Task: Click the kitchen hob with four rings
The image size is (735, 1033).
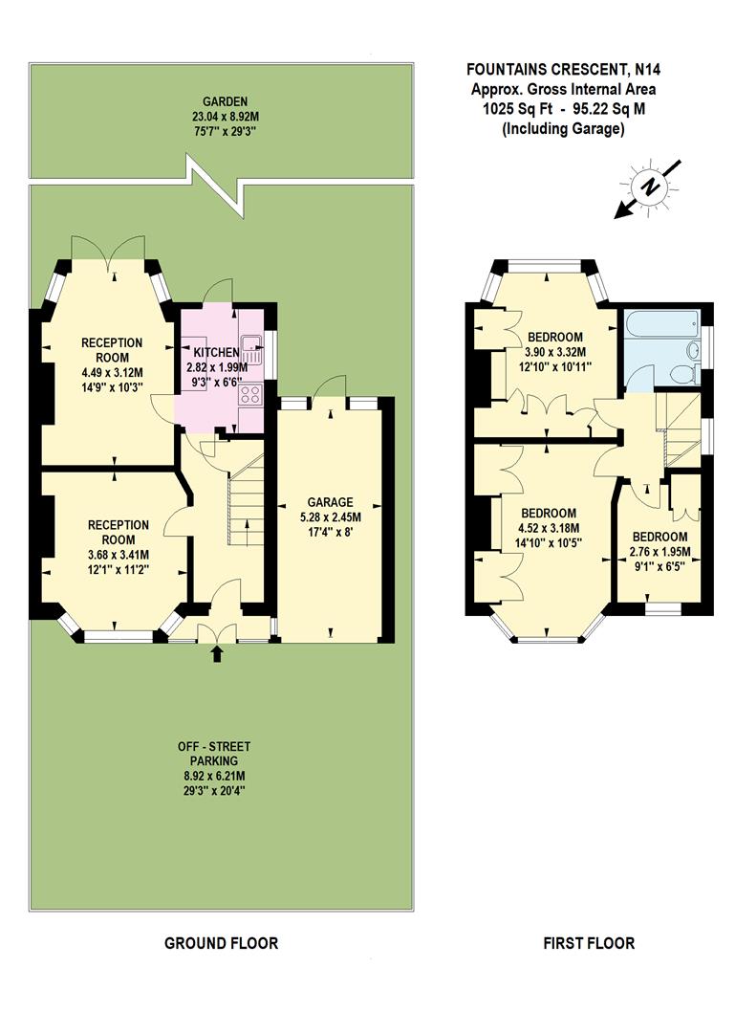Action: coord(250,393)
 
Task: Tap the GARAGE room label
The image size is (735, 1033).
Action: coord(330,501)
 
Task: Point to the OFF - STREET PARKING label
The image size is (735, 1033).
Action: coord(214,754)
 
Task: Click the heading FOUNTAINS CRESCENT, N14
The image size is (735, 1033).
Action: coord(563,69)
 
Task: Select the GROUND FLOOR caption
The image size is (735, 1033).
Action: coord(221,943)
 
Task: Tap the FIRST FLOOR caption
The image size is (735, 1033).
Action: coord(589,943)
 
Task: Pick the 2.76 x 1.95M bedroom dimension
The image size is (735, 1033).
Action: coord(659,551)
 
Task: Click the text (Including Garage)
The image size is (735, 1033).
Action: coord(563,128)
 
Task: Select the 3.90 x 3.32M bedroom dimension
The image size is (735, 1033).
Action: coord(555,351)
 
